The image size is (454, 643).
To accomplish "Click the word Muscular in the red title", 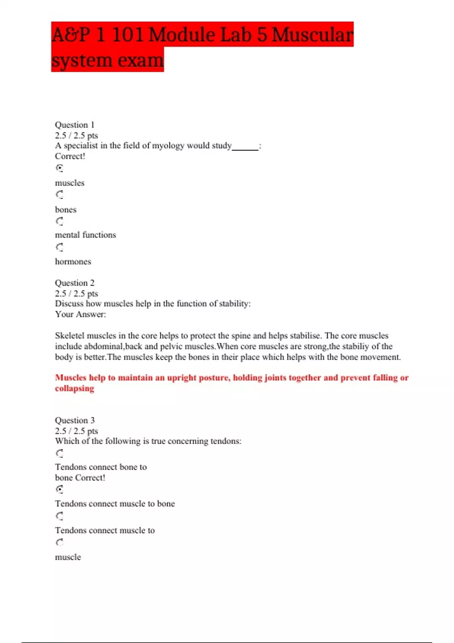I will click(x=313, y=35).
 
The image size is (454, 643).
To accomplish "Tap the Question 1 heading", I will click(x=75, y=125).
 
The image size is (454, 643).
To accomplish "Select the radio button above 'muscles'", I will click(x=59, y=168).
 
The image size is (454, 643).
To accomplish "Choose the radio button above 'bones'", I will click(x=59, y=195).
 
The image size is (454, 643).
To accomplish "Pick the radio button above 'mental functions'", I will click(x=59, y=221).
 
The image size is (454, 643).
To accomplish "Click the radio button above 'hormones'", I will click(x=59, y=247).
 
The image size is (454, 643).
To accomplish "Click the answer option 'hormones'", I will click(x=73, y=262).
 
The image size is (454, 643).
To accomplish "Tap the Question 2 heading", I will click(x=75, y=283).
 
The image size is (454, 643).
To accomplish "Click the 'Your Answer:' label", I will click(x=80, y=314).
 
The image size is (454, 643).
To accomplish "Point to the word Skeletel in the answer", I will click(x=70, y=336).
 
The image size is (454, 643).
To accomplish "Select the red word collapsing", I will click(x=75, y=388).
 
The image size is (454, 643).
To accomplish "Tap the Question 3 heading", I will click(x=75, y=420).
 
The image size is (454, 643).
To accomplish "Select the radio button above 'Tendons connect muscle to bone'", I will click(x=59, y=489).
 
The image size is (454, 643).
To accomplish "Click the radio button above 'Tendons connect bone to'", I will click(x=59, y=453).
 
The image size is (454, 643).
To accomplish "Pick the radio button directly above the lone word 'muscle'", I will click(x=59, y=542).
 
